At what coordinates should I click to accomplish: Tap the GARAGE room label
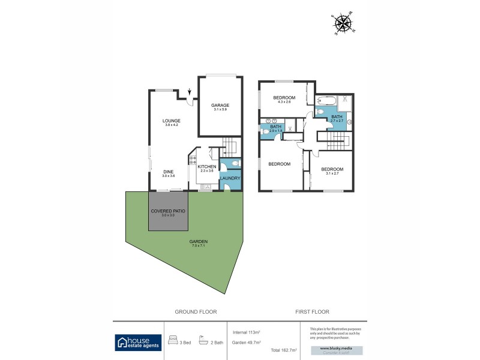pyautogui.click(x=220, y=106)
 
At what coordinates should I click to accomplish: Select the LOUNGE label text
pyautogui.click(x=172, y=121)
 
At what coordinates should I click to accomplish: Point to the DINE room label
pyautogui.click(x=169, y=172)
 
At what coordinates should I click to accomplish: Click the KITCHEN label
pyautogui.click(x=206, y=167)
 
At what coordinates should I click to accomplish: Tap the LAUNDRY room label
pyautogui.click(x=230, y=178)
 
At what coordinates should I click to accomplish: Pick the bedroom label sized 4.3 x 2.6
pyautogui.click(x=284, y=98)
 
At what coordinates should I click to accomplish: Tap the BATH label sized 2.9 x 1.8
pyautogui.click(x=275, y=127)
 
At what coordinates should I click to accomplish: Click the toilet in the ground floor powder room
pyautogui.click(x=236, y=163)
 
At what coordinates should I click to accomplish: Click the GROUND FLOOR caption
pyautogui.click(x=196, y=312)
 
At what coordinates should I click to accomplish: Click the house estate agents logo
pyautogui.click(x=138, y=342)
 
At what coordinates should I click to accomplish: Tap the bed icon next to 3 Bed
pyautogui.click(x=173, y=338)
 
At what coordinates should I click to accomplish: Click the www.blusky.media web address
pyautogui.click(x=331, y=347)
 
